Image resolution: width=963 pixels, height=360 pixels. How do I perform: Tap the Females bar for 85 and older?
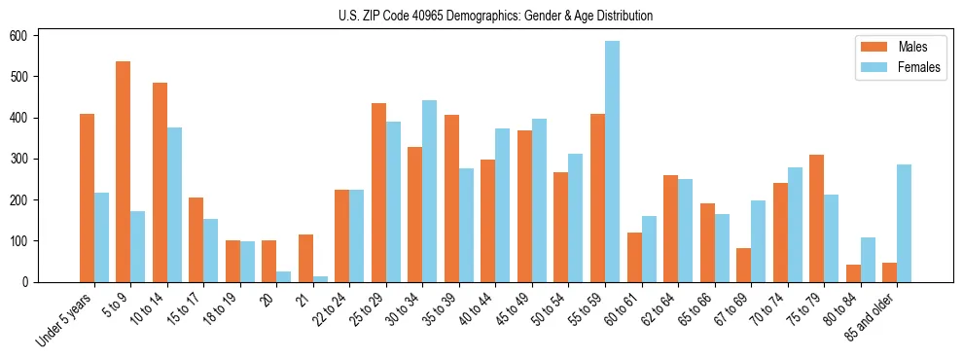[x=905, y=223]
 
